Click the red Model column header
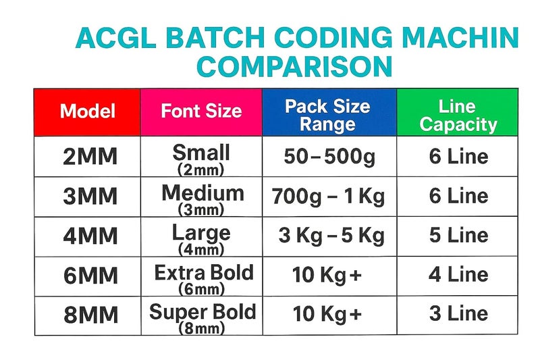tap(88, 111)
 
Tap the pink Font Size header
tap(201, 111)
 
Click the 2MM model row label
tap(89, 157)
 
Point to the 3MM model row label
tap(89, 197)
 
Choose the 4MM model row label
tap(89, 236)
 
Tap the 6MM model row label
tap(89, 276)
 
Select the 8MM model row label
tap(89, 315)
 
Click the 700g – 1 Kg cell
tap(328, 197)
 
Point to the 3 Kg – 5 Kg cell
tap(331, 236)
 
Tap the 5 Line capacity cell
tap(458, 236)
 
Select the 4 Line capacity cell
tap(458, 275)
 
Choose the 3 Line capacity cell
tap(458, 314)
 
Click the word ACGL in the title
tap(114, 38)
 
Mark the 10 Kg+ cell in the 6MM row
tap(327, 275)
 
